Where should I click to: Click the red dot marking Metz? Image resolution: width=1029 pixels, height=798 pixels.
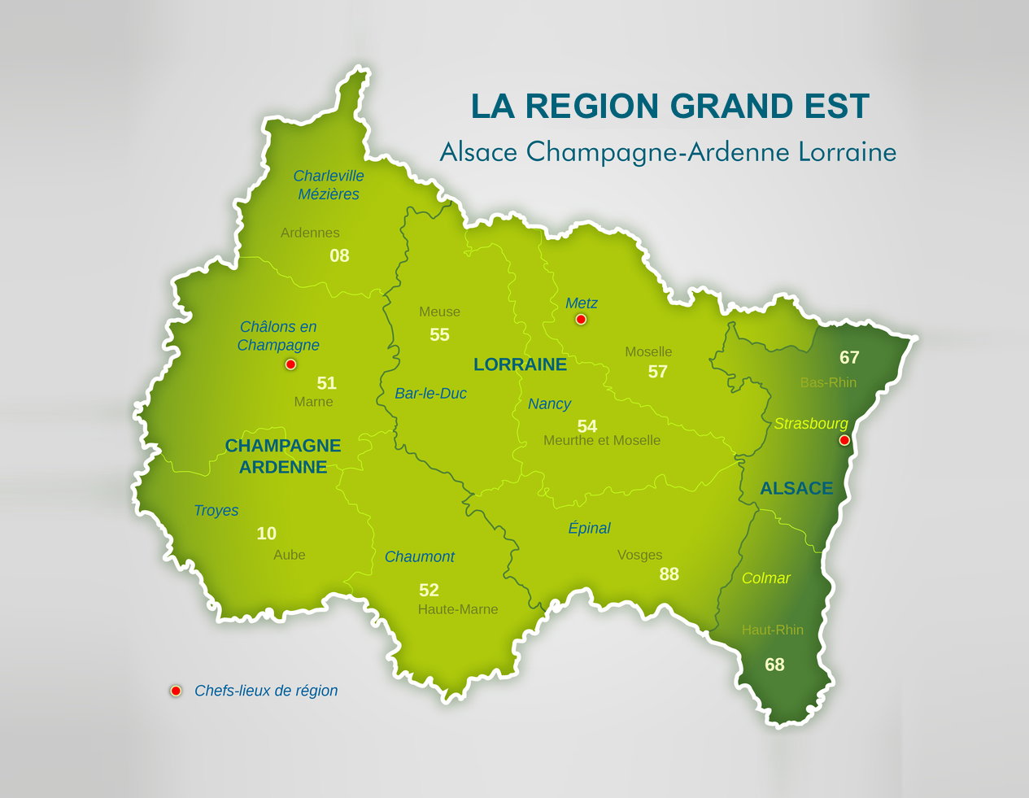pos(581,319)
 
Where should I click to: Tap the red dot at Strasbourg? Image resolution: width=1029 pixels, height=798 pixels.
pos(844,440)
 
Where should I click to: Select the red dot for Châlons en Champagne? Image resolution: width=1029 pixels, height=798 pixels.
pos(290,364)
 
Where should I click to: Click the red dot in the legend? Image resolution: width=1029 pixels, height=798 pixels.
pos(175,691)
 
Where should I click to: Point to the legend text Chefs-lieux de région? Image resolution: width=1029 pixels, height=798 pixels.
pos(266,691)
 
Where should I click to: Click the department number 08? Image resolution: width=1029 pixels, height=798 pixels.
pos(339,256)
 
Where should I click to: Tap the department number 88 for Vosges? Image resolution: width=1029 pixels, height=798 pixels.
pos(669,574)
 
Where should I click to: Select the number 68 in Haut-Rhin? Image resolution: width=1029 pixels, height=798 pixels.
pos(774,665)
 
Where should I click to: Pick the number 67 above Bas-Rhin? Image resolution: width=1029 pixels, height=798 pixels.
pos(849,358)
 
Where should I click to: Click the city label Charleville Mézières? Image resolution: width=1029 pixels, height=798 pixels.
pos(329,185)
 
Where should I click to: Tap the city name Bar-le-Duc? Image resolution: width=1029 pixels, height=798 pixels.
pos(430,394)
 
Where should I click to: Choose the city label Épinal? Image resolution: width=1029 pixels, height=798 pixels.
pos(589,528)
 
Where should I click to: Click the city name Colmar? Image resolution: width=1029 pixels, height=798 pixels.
pos(765,578)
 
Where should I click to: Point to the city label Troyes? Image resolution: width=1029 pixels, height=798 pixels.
pos(216,510)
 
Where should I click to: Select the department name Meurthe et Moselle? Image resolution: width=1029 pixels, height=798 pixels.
pos(602,440)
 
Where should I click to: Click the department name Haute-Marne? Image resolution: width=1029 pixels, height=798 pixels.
pos(457,609)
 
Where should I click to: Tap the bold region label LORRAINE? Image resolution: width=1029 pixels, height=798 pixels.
pos(520,364)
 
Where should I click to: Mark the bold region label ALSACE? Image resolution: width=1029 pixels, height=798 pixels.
pos(796,488)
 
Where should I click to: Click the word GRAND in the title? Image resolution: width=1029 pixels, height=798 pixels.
pos(734,107)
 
